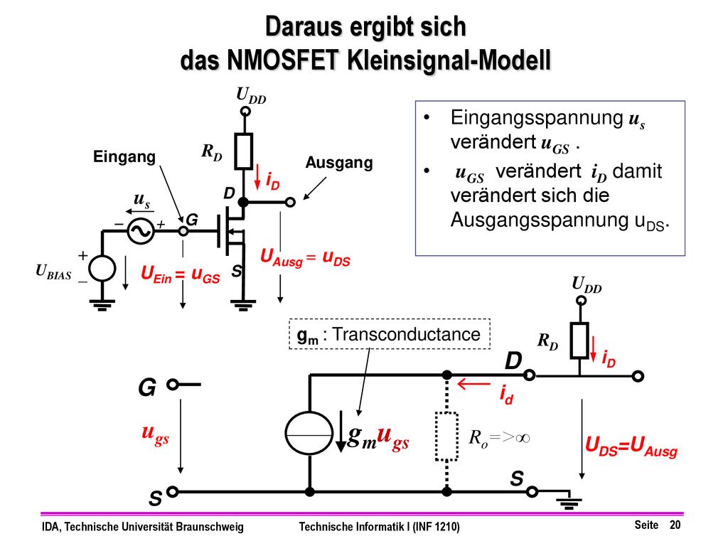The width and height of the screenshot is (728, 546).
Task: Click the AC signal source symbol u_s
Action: pyautogui.click(x=141, y=231)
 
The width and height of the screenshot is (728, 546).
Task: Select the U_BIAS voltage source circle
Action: pyautogui.click(x=102, y=268)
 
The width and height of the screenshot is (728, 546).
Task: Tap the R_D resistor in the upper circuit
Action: pyautogui.click(x=244, y=151)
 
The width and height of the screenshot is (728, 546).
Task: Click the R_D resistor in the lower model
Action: pyautogui.click(x=579, y=341)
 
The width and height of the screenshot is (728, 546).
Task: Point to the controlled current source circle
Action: pyautogui.click(x=309, y=433)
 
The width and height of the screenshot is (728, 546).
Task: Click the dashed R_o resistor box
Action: pyautogui.click(x=446, y=437)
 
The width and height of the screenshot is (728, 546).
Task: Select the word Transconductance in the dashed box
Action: pyautogui.click(x=406, y=334)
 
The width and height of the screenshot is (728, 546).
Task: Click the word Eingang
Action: pyautogui.click(x=124, y=157)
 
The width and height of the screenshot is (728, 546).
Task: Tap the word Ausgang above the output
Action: pyautogui.click(x=339, y=163)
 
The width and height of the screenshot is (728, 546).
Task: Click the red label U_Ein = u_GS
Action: pyautogui.click(x=180, y=274)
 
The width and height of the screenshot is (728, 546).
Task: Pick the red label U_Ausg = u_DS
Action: pyautogui.click(x=305, y=258)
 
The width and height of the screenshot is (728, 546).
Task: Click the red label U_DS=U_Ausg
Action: pyautogui.click(x=631, y=446)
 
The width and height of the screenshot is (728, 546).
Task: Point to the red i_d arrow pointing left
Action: pyautogui.click(x=473, y=384)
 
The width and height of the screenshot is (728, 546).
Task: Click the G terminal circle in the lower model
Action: pyautogui.click(x=173, y=385)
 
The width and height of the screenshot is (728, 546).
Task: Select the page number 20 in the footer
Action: pyautogui.click(x=675, y=525)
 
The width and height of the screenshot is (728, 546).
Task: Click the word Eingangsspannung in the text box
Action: pyautogui.click(x=537, y=117)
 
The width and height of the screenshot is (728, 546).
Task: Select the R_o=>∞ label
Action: pyautogui.click(x=500, y=437)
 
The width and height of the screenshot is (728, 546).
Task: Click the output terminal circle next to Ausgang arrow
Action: pyautogui.click(x=290, y=203)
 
